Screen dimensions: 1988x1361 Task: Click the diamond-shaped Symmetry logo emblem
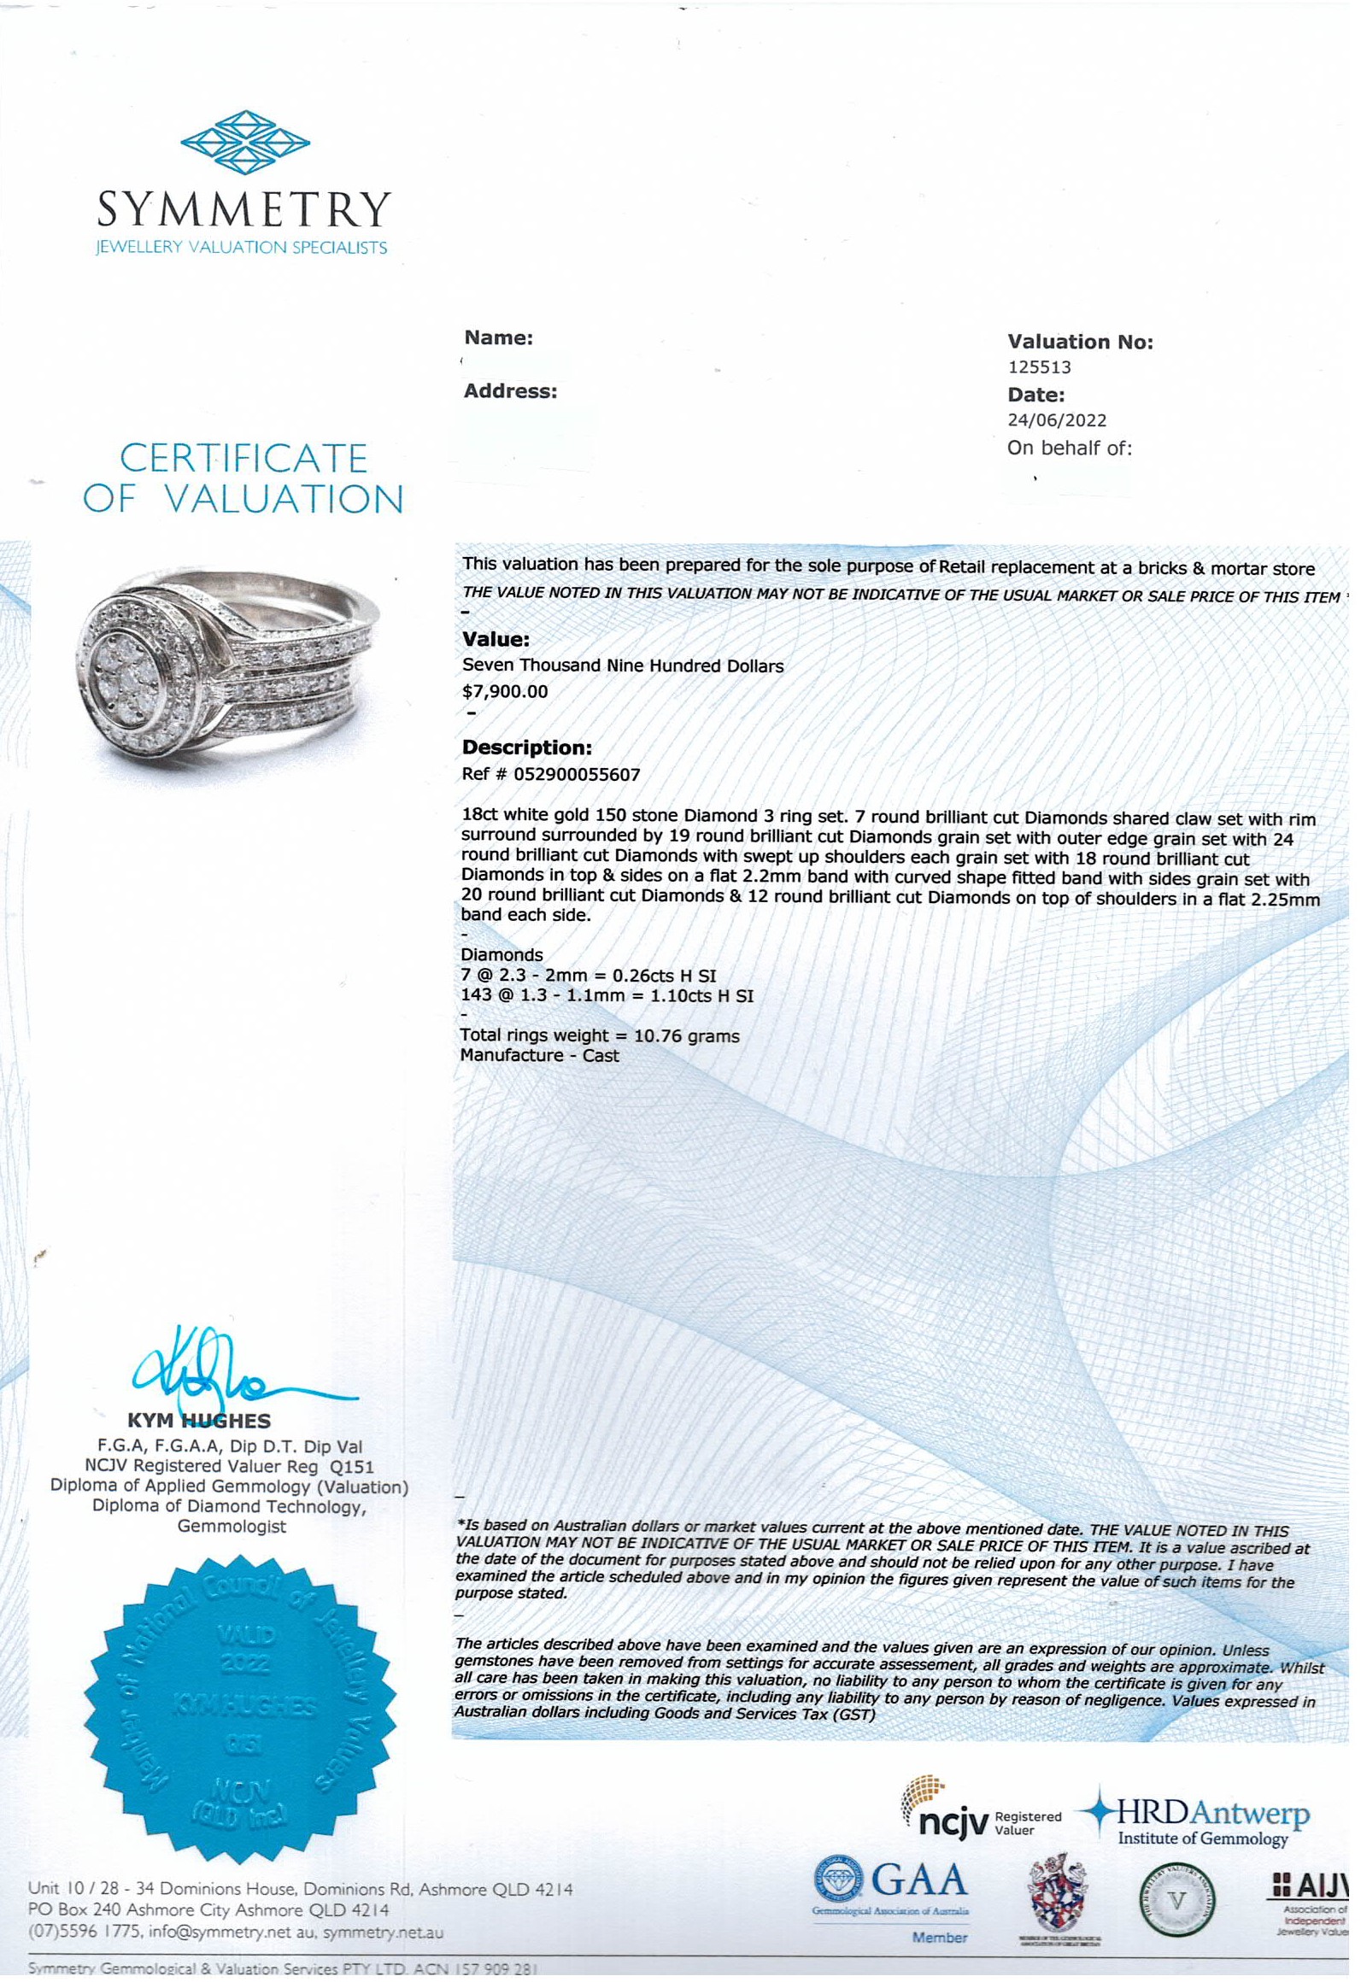(x=245, y=142)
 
